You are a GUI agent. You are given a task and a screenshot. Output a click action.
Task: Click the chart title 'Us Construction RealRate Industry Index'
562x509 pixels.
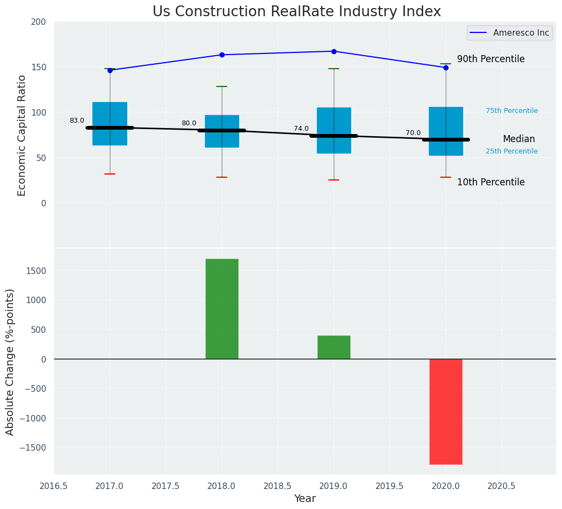pos(296,12)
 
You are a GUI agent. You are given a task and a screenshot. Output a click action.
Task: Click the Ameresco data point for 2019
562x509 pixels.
pos(334,51)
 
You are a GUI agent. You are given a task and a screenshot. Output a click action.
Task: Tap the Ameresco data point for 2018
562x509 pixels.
pos(222,55)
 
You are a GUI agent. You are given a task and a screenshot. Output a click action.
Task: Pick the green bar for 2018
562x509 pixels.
pos(222,309)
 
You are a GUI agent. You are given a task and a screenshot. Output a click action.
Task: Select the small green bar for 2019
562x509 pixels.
pos(334,347)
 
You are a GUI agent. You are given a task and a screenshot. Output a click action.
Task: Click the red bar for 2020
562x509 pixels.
pos(446,411)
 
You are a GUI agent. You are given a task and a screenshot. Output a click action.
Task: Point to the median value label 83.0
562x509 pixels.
pos(77,120)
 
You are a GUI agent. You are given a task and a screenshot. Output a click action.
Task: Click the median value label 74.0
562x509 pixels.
pos(301,129)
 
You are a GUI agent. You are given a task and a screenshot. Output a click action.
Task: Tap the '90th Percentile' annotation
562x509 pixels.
pos(491,59)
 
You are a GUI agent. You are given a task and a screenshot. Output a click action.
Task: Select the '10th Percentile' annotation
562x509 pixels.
pos(491,182)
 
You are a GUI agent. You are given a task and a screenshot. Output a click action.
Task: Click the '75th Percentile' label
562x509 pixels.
pos(512,111)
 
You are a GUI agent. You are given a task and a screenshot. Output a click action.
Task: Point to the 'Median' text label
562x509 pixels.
pos(519,139)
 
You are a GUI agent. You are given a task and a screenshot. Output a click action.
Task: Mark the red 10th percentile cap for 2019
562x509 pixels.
pos(334,180)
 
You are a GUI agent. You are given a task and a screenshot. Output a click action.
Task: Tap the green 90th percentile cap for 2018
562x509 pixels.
pos(222,86)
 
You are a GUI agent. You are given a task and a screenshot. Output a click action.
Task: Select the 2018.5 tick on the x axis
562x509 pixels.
pos(278,486)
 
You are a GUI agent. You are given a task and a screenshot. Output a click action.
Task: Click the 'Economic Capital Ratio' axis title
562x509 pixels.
pos(22,135)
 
